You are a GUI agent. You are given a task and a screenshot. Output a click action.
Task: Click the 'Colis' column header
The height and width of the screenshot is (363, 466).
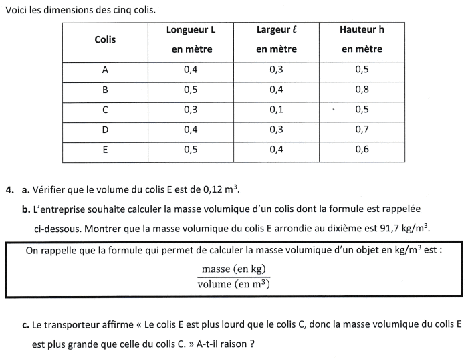point(105,39)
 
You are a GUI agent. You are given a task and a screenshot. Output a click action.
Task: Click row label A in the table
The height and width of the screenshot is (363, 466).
point(105,70)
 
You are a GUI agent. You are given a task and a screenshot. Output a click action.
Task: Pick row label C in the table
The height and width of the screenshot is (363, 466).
point(105,110)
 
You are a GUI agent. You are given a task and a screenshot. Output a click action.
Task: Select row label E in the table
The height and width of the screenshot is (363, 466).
point(105,150)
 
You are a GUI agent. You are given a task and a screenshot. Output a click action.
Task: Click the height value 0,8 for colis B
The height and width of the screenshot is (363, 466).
point(362,90)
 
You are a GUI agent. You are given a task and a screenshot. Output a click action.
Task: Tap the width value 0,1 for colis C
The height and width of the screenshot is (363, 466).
point(276,110)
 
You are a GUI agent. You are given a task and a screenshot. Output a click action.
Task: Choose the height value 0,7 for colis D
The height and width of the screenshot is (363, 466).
point(362,130)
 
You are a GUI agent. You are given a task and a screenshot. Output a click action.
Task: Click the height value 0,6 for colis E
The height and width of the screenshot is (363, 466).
point(362,150)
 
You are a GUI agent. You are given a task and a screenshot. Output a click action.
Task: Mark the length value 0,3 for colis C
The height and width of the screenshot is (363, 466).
point(191,110)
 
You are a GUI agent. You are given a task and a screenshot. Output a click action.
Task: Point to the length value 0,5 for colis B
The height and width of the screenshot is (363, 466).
point(191,90)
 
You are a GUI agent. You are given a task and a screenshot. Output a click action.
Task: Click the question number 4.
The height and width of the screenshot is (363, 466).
point(9,190)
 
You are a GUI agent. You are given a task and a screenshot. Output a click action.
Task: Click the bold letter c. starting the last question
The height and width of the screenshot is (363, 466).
point(25,326)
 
